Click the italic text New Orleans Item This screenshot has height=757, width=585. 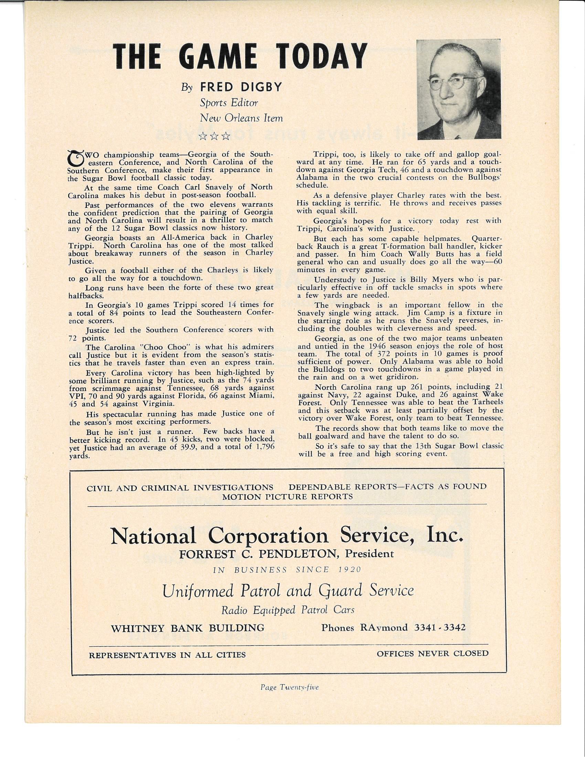pyautogui.click(x=241, y=118)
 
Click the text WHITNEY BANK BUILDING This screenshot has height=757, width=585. pyautogui.click(x=188, y=628)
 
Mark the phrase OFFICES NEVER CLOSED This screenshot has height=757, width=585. pyautogui.click(x=433, y=654)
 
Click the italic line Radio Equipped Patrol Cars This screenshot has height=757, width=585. pyautogui.click(x=288, y=610)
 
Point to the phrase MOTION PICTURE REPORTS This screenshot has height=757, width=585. pyautogui.click(x=287, y=496)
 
